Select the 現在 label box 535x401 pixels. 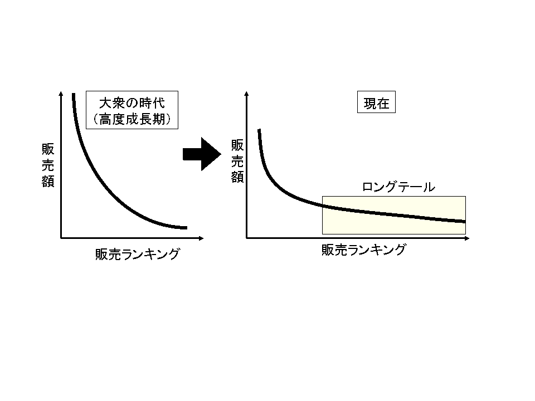click(x=376, y=104)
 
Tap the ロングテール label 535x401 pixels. click(x=398, y=187)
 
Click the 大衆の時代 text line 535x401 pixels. click(x=132, y=103)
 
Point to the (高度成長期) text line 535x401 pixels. click(x=132, y=119)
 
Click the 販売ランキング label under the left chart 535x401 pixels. click(x=138, y=254)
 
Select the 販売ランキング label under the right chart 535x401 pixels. click(x=363, y=250)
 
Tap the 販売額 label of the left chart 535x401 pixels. click(x=48, y=165)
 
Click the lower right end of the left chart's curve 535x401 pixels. click(x=186, y=227)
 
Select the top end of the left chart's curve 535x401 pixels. click(x=73, y=95)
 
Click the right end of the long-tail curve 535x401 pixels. click(x=464, y=222)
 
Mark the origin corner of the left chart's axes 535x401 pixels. click(x=61, y=238)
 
